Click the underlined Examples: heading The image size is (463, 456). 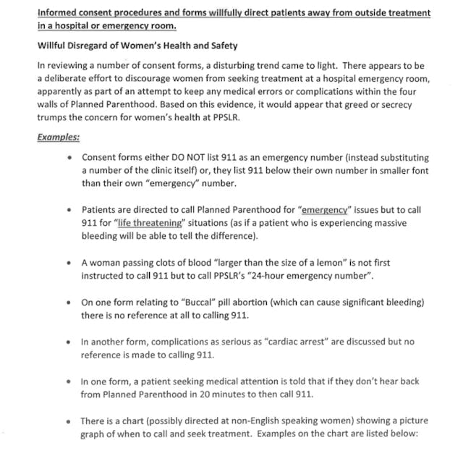click(59, 137)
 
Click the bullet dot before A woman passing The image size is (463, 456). click(69, 263)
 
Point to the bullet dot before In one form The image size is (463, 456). click(69, 382)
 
